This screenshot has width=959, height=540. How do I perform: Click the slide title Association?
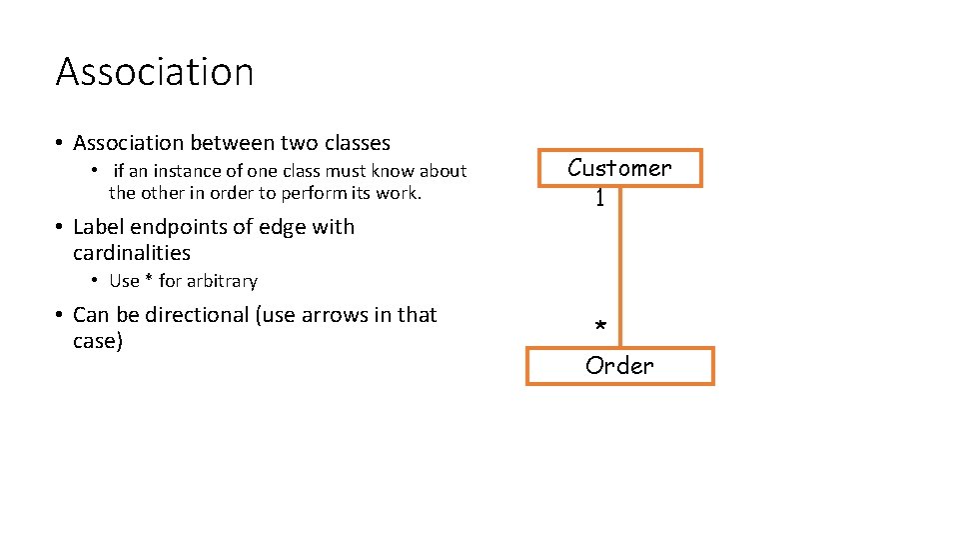coord(155,72)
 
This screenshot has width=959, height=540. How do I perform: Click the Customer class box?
coord(619,167)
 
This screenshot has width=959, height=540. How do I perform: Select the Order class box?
coord(619,366)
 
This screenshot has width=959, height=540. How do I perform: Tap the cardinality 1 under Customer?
coord(599,198)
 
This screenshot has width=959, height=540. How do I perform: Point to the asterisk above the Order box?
coord(599,328)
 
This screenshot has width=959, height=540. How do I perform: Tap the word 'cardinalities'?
coord(132,253)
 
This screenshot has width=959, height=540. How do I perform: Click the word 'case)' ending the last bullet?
coord(98,341)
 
